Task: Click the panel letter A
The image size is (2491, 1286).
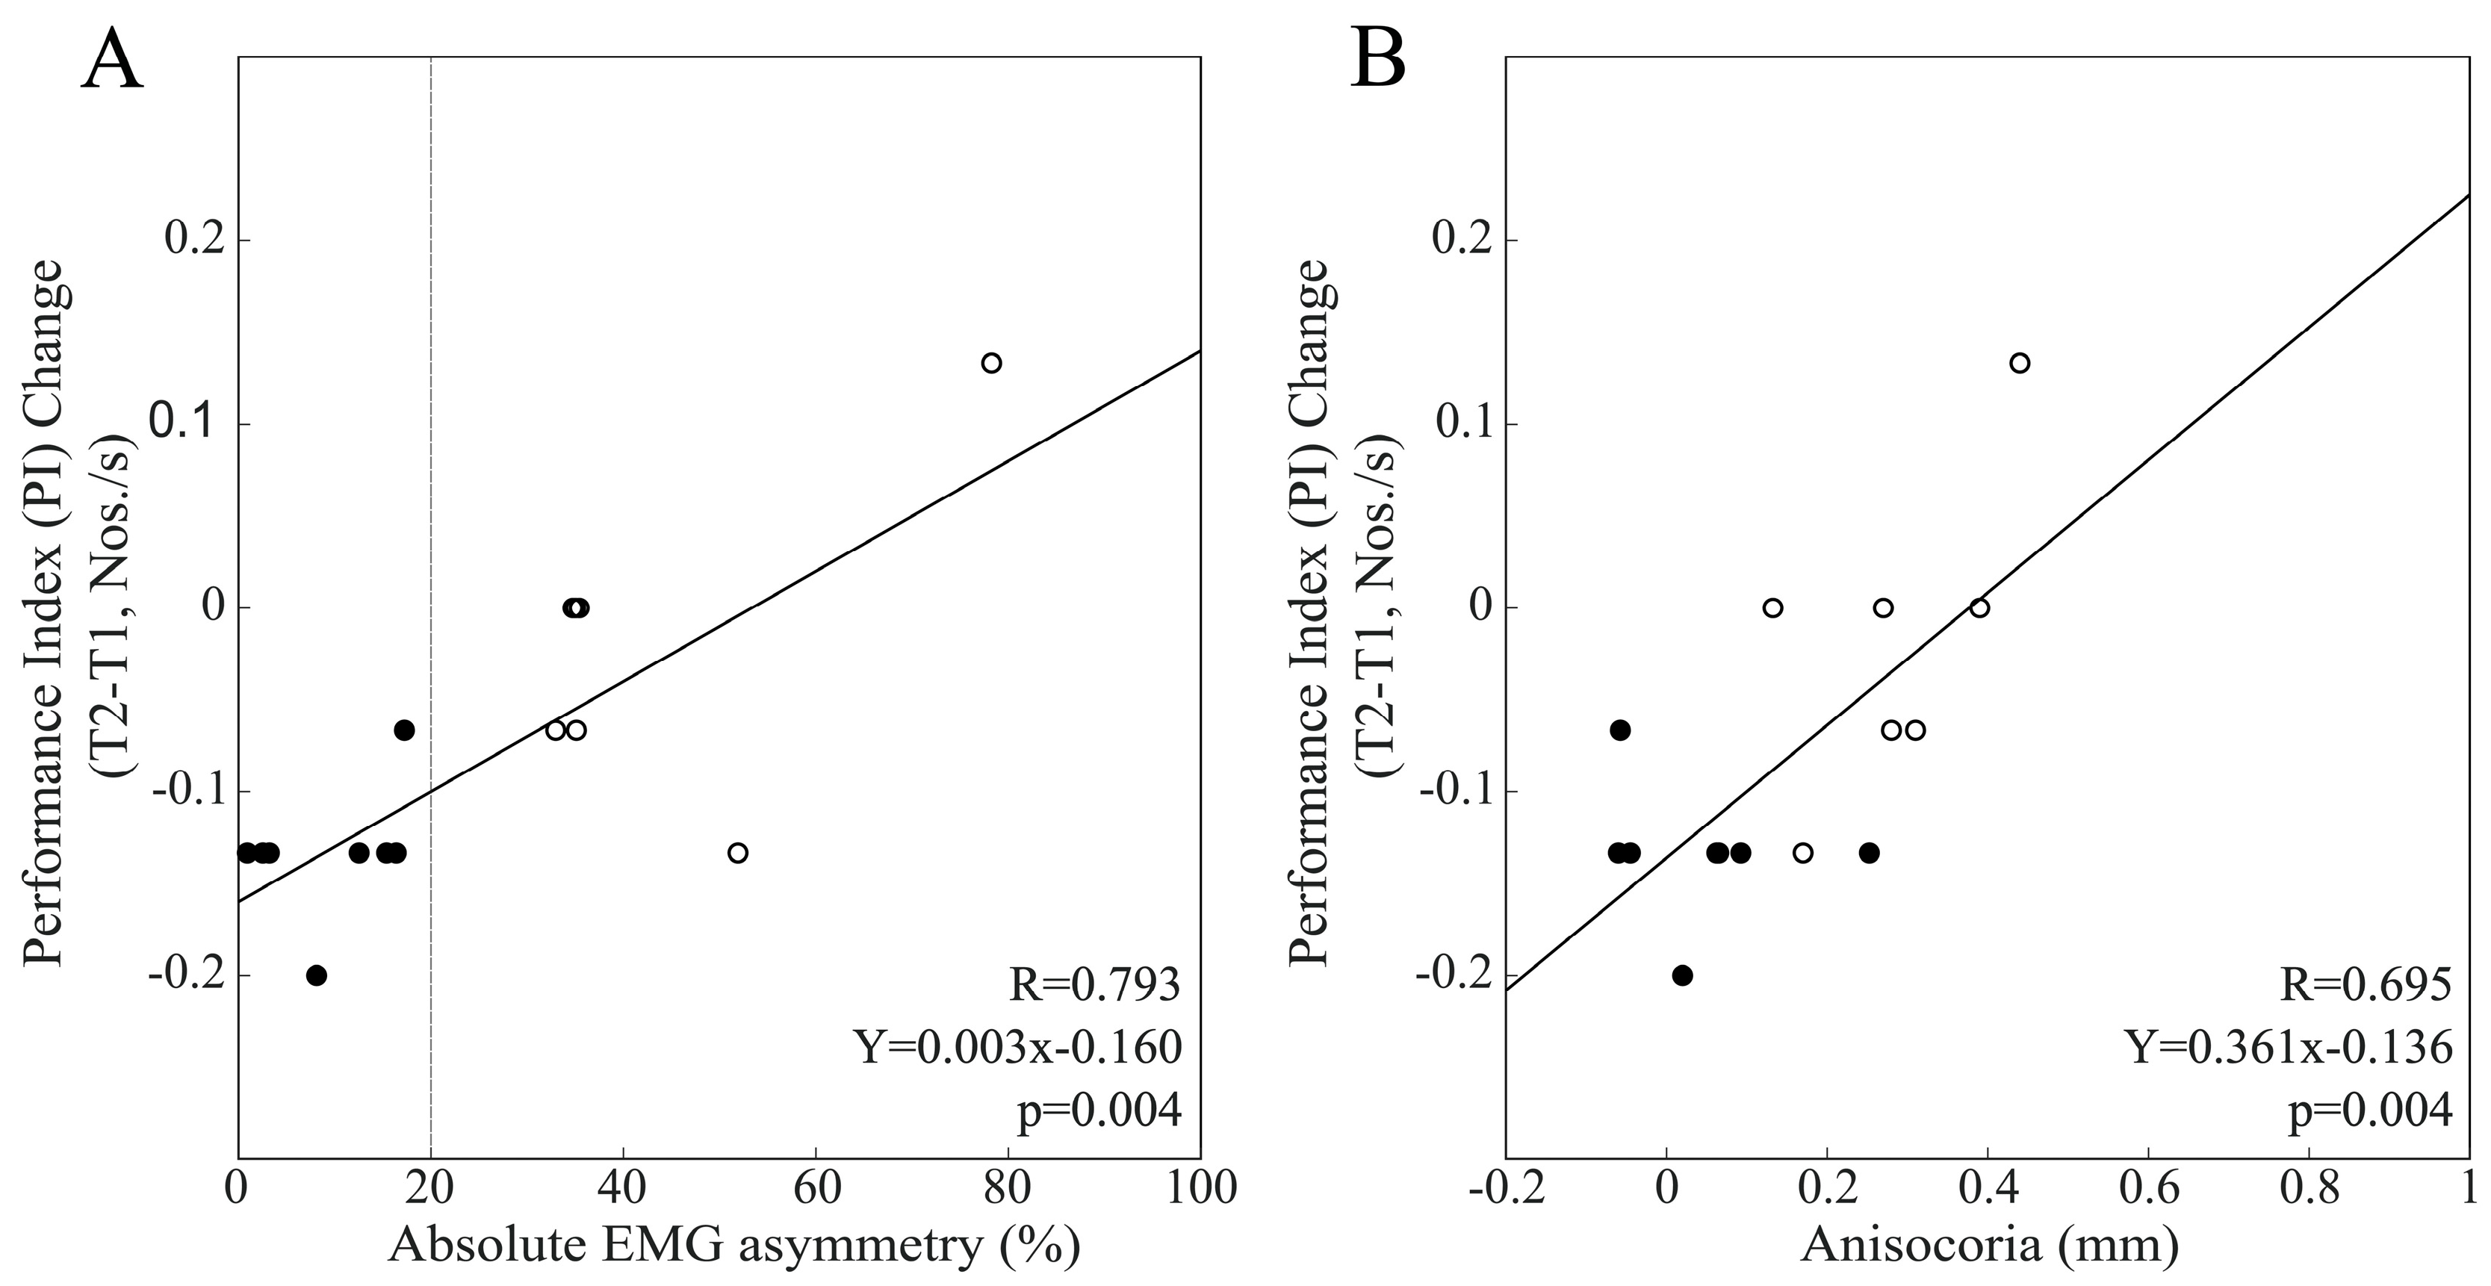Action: point(112,60)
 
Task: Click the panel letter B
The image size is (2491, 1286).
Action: point(1378,60)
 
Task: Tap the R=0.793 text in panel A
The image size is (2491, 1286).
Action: point(1095,985)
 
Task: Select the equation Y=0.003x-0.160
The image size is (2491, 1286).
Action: point(1017,1047)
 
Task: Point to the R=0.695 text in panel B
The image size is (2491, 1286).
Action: point(2366,985)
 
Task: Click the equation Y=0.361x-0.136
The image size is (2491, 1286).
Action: point(2288,1047)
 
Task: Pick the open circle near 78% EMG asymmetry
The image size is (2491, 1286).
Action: point(991,364)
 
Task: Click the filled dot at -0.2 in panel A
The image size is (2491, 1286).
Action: point(316,975)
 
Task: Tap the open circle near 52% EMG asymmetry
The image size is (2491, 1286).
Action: point(738,853)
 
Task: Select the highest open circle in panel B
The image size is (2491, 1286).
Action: point(2019,364)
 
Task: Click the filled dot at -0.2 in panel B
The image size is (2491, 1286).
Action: point(1683,975)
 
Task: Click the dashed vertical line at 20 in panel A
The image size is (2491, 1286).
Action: point(430,483)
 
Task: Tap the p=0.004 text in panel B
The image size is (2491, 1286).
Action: point(2370,1111)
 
